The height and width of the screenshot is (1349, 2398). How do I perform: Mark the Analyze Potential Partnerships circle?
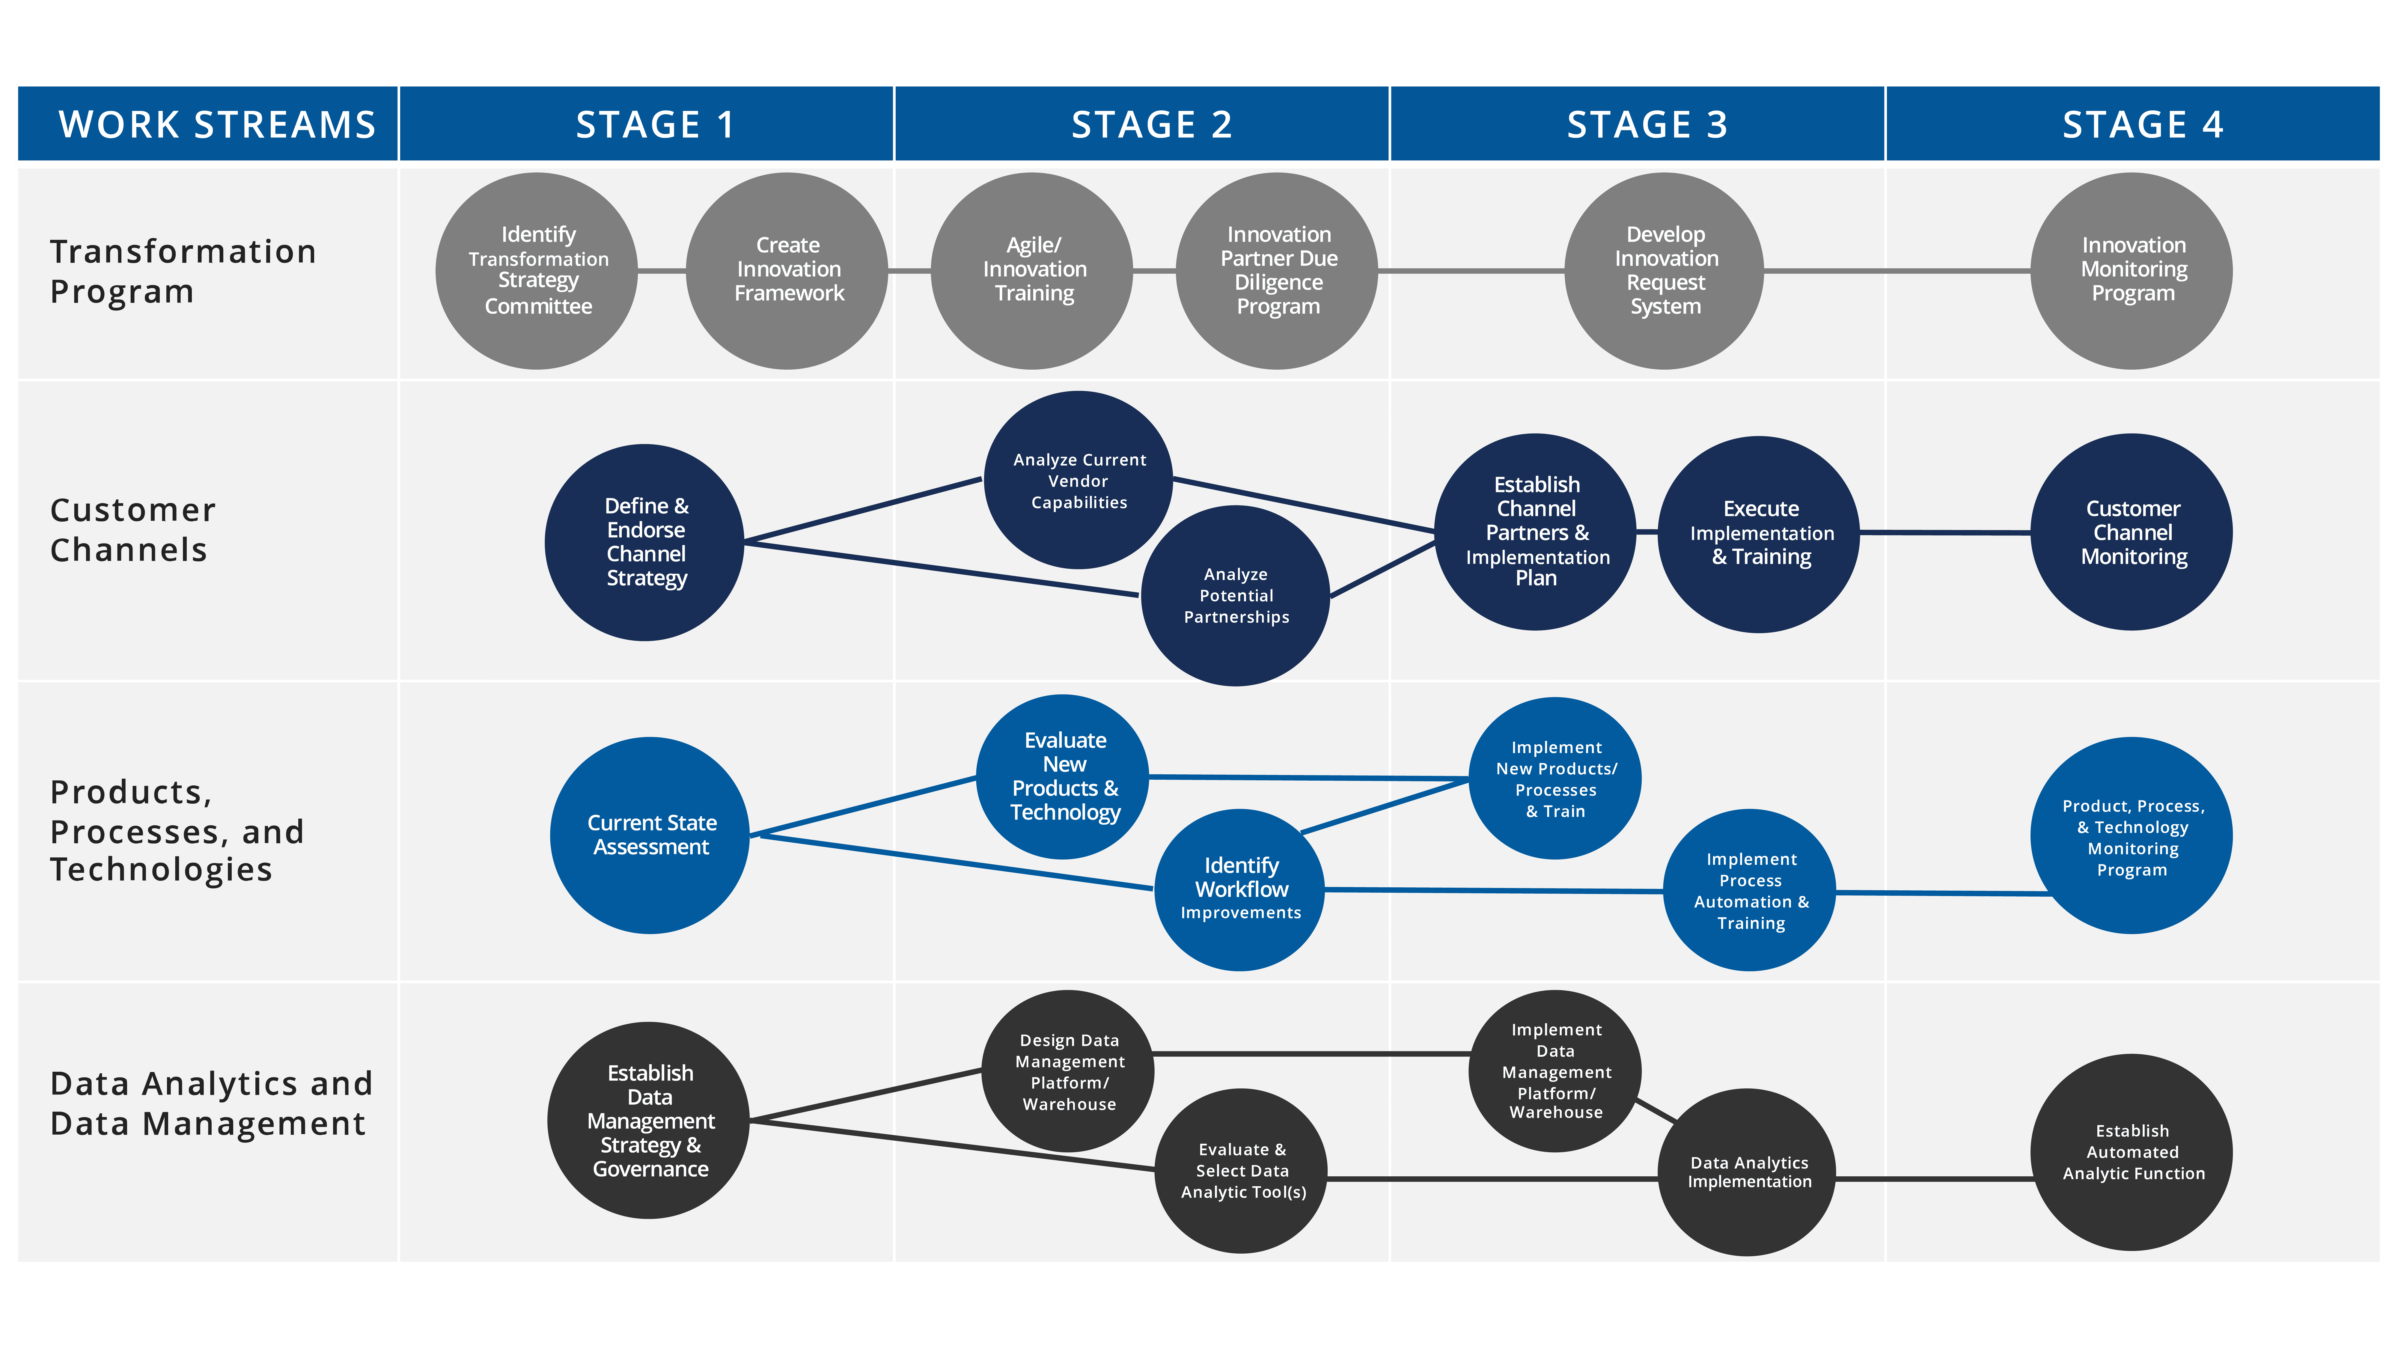click(x=1235, y=596)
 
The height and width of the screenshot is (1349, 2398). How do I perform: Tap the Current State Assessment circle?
click(x=650, y=835)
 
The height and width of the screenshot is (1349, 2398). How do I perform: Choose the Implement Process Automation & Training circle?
click(x=1749, y=890)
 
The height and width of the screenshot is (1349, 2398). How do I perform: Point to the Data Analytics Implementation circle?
click(x=1747, y=1172)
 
